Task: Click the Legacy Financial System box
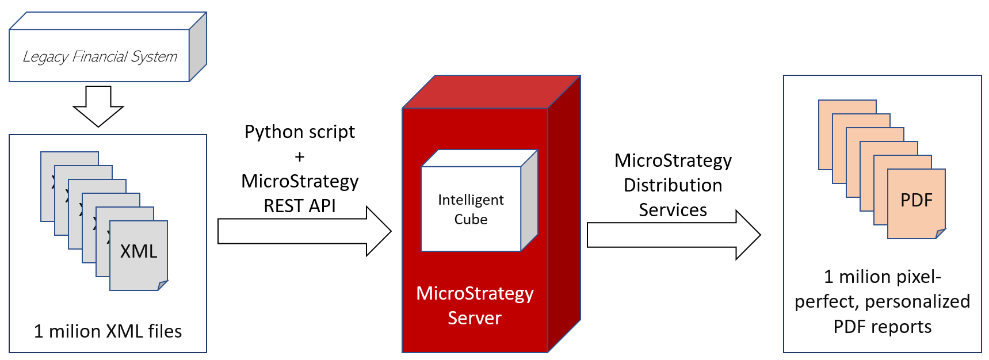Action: click(x=100, y=56)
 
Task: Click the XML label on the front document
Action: click(x=138, y=251)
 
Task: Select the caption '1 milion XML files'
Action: click(x=108, y=331)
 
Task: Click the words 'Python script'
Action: click(x=300, y=132)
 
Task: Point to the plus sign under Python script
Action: click(x=300, y=156)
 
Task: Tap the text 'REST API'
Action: click(x=300, y=206)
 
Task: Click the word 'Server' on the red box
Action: click(x=475, y=318)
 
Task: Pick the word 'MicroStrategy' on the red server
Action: click(x=475, y=293)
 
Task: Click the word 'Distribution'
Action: click(x=673, y=185)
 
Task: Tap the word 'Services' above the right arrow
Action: click(x=673, y=210)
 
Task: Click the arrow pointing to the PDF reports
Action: click(x=673, y=235)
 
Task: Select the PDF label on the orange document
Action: click(x=916, y=200)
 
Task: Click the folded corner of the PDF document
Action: click(x=940, y=233)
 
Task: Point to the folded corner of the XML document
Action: click(x=162, y=285)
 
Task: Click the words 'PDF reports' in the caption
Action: click(x=882, y=327)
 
